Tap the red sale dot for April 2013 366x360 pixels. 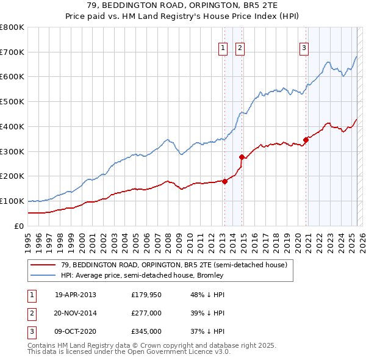tap(224, 181)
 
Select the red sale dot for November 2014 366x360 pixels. tap(242, 157)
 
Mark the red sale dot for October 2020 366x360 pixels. tap(306, 140)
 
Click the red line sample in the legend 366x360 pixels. tap(44, 265)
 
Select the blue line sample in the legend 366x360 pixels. tap(44, 275)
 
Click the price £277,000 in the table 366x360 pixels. tap(145, 313)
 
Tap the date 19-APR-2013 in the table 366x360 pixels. tap(76, 295)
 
